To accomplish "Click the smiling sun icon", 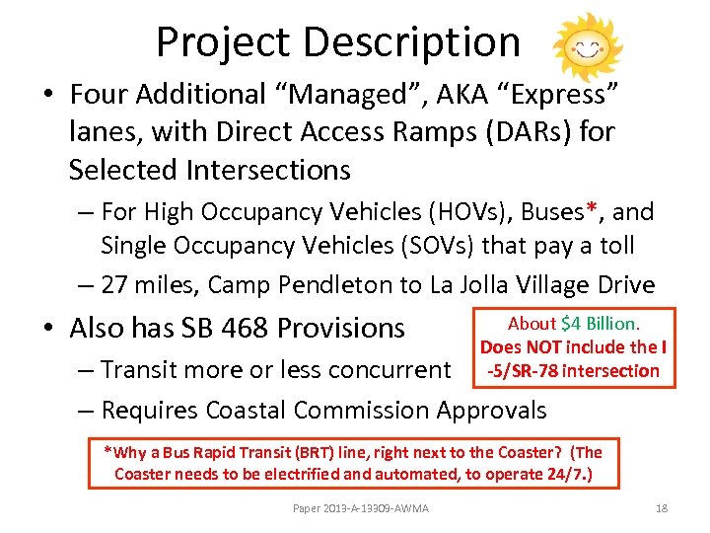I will (x=588, y=45).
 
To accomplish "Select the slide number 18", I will (x=662, y=507).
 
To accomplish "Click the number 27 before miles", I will (x=114, y=285).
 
